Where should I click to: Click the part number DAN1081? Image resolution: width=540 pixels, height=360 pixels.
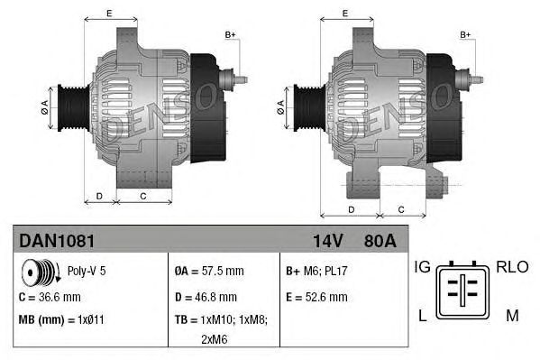pyautogui.click(x=56, y=241)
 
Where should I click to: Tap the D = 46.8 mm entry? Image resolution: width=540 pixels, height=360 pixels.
pyautogui.click(x=206, y=296)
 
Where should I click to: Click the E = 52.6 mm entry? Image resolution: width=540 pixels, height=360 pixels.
pyautogui.click(x=316, y=296)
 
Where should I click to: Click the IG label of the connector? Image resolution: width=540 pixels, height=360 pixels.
pyautogui.click(x=422, y=267)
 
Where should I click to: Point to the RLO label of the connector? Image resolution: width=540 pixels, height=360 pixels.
pyautogui.click(x=512, y=267)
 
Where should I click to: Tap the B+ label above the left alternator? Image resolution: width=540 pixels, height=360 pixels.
pyautogui.click(x=230, y=34)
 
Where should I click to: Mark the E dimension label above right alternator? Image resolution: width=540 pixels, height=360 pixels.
pyautogui.click(x=346, y=14)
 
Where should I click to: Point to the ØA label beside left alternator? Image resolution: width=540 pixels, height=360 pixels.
pyautogui.click(x=44, y=107)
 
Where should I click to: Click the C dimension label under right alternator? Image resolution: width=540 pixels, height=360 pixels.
pyautogui.click(x=400, y=209)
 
